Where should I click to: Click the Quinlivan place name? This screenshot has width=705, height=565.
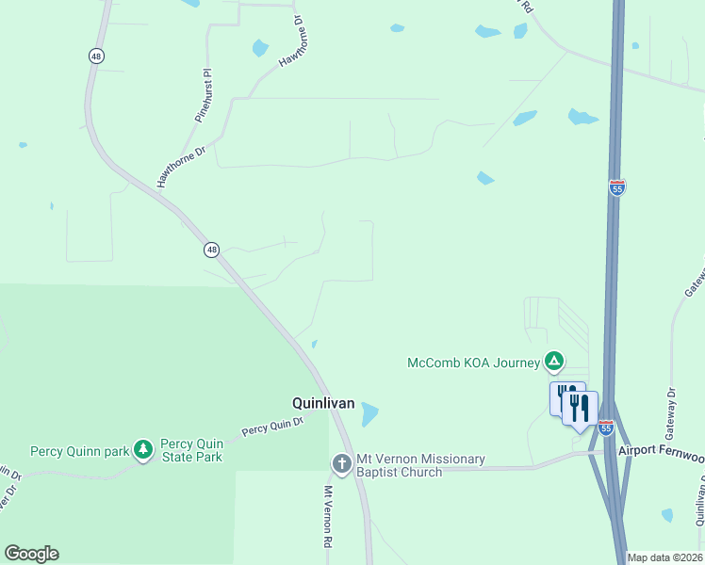(x=322, y=403)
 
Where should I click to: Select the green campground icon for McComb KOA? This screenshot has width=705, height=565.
(x=554, y=362)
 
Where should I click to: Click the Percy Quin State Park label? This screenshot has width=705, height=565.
(x=191, y=450)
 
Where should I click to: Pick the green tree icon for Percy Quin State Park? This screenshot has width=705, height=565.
(x=143, y=450)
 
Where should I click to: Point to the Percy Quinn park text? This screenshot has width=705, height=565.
(x=79, y=451)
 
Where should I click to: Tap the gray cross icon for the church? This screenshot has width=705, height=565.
(x=341, y=464)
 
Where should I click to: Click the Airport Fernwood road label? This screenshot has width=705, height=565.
(x=661, y=451)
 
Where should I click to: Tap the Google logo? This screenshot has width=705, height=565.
(x=31, y=554)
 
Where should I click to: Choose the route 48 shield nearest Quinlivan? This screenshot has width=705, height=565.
(x=211, y=250)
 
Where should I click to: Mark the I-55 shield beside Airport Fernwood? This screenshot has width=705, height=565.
(x=606, y=428)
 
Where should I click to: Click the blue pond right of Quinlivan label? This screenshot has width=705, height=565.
(x=369, y=413)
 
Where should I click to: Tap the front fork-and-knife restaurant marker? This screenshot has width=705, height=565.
(x=580, y=408)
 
